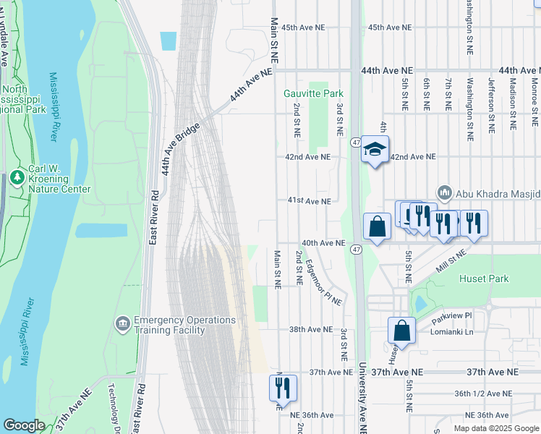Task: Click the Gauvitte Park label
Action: [x=313, y=94]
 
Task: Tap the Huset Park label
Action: [x=484, y=278]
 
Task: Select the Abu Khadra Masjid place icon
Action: [x=444, y=193]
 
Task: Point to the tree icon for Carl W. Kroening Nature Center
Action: [x=17, y=176]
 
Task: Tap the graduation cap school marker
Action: [x=375, y=150]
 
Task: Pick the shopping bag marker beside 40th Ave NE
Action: [x=377, y=226]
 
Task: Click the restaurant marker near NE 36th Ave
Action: [x=283, y=387]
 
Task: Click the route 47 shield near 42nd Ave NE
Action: [x=356, y=141]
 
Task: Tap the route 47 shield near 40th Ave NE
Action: [x=356, y=250]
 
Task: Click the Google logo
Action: [x=24, y=425]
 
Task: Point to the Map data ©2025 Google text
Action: [x=495, y=428]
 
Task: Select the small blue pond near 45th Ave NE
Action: [x=168, y=41]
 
